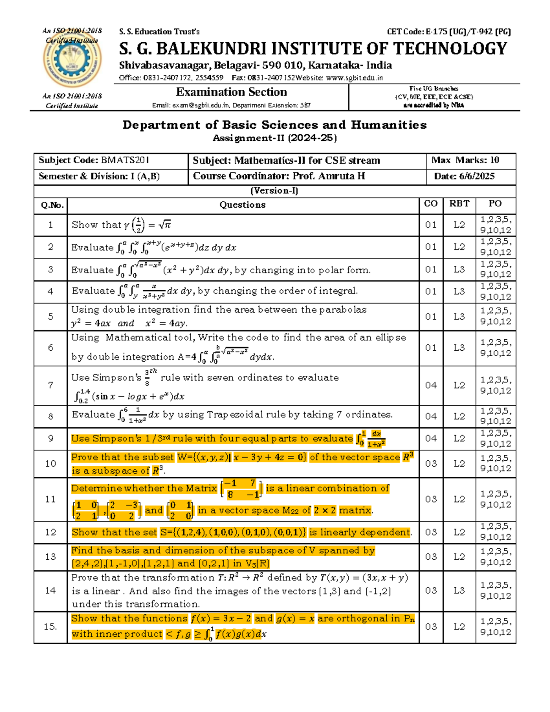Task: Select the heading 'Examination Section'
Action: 231,92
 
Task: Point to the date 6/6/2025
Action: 477,177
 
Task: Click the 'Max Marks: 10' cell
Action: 465,160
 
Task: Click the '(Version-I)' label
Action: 274,191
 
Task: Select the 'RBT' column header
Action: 459,204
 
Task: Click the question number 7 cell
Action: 50,385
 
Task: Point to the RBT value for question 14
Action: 459,591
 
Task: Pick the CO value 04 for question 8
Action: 431,416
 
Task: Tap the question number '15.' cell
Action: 50,627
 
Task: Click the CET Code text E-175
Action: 436,32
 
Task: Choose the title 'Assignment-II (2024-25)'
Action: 275,138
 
